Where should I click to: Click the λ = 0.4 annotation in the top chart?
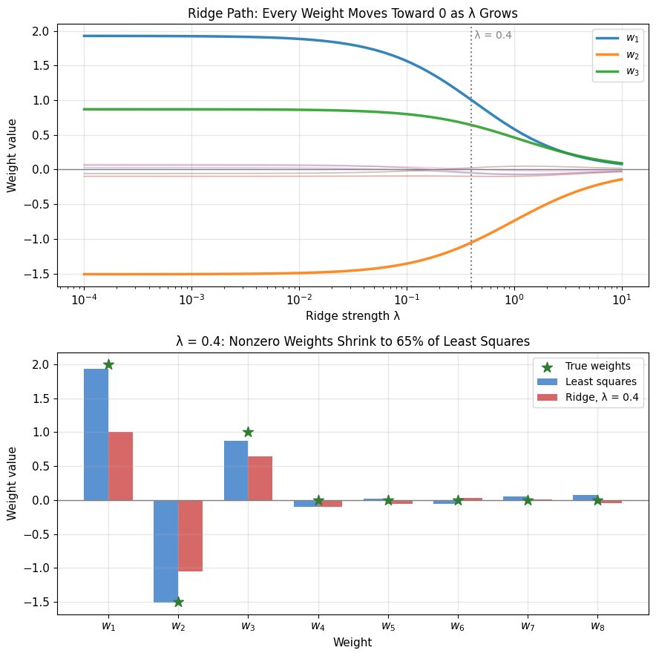pyautogui.click(x=493, y=35)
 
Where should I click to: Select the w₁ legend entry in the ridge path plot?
pyautogui.click(x=617, y=38)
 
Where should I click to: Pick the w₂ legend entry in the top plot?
pyautogui.click(x=617, y=55)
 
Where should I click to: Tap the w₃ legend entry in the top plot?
pyautogui.click(x=617, y=71)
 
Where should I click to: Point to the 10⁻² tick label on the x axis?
pyautogui.click(x=299, y=299)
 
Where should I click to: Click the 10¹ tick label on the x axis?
pyautogui.click(x=622, y=299)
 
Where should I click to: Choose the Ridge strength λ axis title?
pyautogui.click(x=352, y=316)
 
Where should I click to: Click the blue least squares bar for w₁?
pyautogui.click(x=96, y=435)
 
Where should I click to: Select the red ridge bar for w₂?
pyautogui.click(x=191, y=536)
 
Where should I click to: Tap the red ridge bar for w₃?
pyautogui.click(x=260, y=478)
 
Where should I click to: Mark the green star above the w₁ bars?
pyautogui.click(x=108, y=364)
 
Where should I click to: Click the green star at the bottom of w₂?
pyautogui.click(x=178, y=602)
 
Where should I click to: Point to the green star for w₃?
pyautogui.click(x=248, y=432)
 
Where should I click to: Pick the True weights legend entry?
pyautogui.click(x=586, y=366)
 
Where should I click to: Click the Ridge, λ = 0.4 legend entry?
pyautogui.click(x=588, y=397)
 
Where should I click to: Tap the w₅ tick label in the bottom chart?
pyautogui.click(x=388, y=626)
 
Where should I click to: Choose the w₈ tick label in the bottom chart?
pyautogui.click(x=597, y=626)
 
